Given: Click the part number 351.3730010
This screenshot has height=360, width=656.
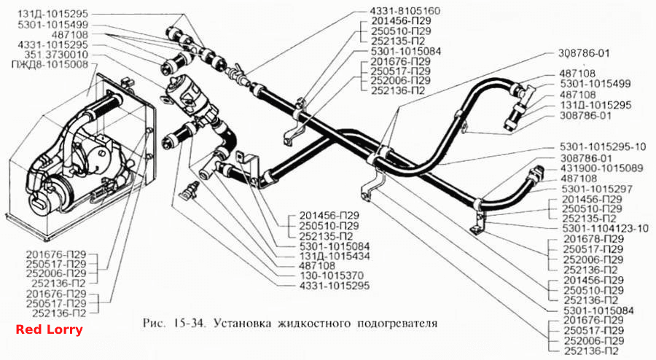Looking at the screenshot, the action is click(56, 55).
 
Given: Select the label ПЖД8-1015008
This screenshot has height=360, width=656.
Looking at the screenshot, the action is click(50, 64).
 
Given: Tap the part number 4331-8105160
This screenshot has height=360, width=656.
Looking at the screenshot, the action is click(405, 11).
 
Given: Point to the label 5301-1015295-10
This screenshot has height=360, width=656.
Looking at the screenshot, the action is click(603, 147).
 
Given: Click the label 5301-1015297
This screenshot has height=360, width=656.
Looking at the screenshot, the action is click(597, 189).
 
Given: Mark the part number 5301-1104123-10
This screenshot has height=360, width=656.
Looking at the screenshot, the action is click(606, 229).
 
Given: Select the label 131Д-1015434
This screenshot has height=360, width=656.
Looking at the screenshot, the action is click(335, 256).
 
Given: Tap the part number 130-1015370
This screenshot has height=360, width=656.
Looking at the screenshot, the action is click(332, 276).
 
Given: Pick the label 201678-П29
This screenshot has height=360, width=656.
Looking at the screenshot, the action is click(593, 239).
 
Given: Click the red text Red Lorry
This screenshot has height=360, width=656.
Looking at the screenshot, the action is click(50, 329).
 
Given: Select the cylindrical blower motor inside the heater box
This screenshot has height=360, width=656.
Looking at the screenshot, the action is click(50, 193).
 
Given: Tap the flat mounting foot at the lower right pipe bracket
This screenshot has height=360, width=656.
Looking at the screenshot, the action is click(475, 230).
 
